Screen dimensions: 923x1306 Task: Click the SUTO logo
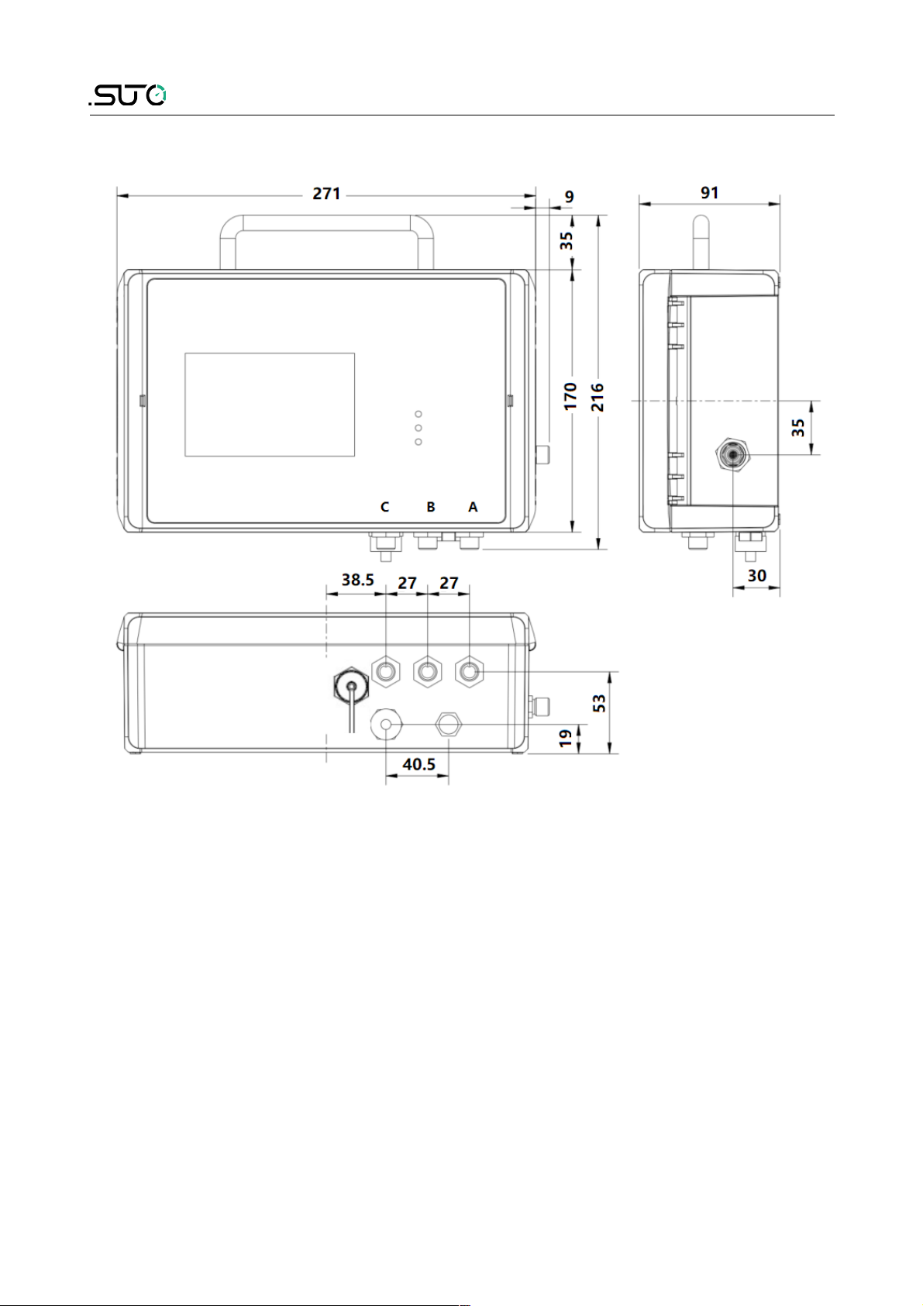point(128,95)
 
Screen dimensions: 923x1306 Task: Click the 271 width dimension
point(326,194)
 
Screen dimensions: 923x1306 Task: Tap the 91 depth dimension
point(709,192)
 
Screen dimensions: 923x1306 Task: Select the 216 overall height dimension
point(597,397)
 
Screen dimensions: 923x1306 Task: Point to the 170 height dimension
point(570,396)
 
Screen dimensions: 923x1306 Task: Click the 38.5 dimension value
point(357,580)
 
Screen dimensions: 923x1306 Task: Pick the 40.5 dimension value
point(418,763)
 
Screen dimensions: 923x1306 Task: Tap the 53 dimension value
point(599,704)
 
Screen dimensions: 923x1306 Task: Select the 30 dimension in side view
point(756,576)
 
